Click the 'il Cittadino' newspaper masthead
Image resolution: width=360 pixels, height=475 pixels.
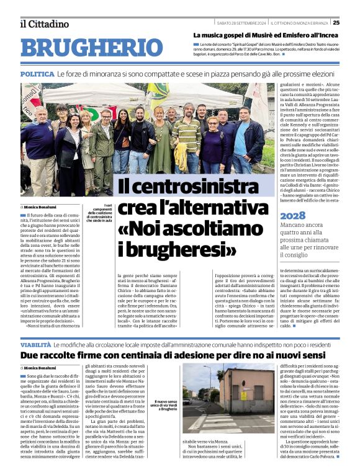click(x=45, y=24)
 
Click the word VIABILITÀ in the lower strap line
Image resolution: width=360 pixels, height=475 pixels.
click(x=35, y=344)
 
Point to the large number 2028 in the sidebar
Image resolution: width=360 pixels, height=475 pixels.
click(x=294, y=215)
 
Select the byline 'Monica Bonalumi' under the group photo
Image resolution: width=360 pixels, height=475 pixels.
click(x=43, y=206)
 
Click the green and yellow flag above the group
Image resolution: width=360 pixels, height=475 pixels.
click(x=155, y=93)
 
